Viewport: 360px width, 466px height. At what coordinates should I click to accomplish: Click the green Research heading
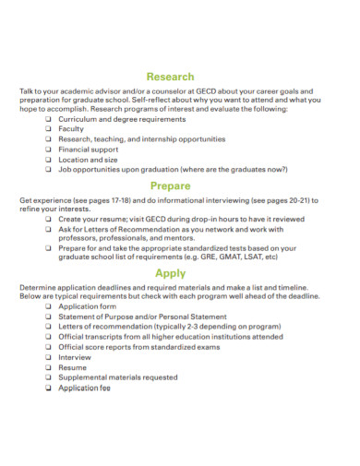pos(171,77)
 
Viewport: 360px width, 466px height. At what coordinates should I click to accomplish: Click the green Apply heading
pos(171,273)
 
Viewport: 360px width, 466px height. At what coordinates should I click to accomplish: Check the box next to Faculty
pos(48,129)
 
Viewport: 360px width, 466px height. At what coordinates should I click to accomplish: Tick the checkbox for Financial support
pos(48,149)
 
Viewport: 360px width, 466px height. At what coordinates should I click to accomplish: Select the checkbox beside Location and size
pos(48,159)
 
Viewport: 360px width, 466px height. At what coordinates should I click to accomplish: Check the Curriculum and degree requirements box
pos(48,120)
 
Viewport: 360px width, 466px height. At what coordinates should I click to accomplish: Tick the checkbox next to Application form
pos(48,307)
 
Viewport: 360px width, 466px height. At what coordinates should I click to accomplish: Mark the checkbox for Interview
pos(48,357)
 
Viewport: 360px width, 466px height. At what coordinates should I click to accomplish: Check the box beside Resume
pos(48,367)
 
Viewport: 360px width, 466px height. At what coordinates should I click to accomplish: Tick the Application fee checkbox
pos(48,388)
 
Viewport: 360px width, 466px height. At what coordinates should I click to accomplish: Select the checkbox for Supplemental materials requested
pos(48,377)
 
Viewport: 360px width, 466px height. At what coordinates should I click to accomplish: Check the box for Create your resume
pos(48,219)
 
